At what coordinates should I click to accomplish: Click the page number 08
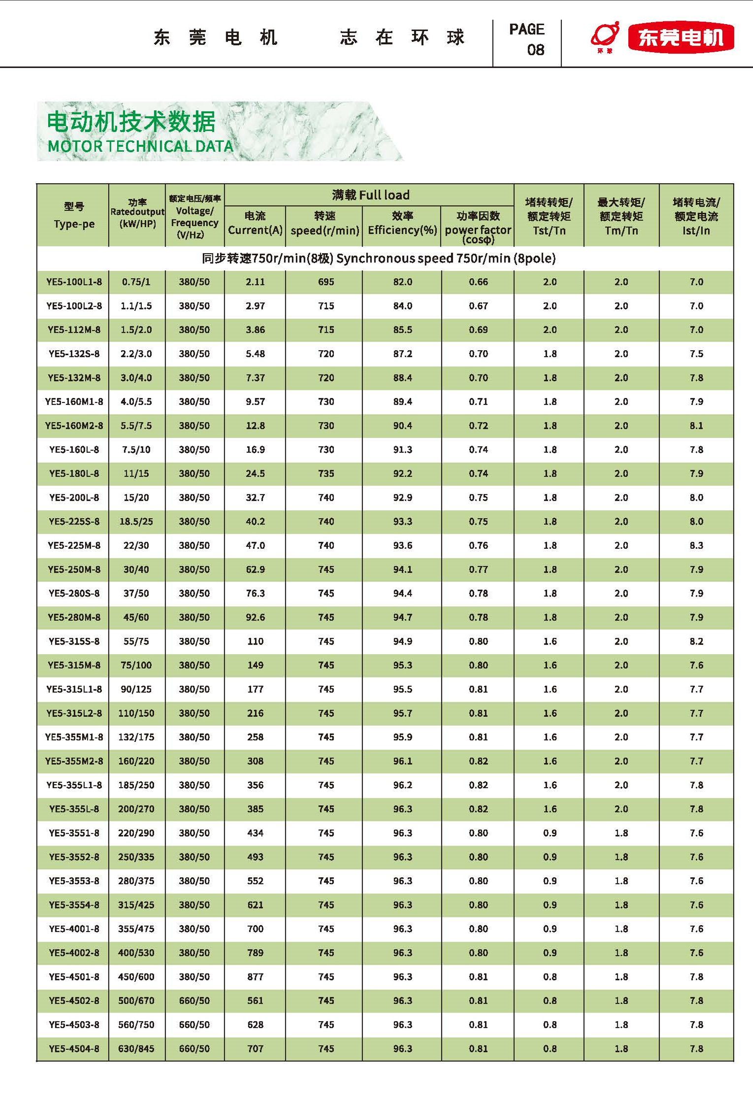(535, 50)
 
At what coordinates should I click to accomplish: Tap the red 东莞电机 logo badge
(681, 37)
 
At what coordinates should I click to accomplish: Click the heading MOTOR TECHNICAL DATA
(140, 146)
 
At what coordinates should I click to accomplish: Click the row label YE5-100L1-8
(74, 282)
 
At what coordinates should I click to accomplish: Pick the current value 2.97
(255, 306)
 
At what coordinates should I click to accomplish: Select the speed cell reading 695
(326, 282)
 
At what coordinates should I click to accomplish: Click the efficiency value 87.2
(402, 354)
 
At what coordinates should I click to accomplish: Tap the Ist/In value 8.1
(696, 426)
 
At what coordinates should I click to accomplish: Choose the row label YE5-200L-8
(74, 498)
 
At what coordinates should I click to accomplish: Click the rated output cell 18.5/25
(136, 521)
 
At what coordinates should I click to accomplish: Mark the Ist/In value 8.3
(696, 545)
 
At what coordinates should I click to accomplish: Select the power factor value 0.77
(478, 569)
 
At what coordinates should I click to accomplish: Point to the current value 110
(255, 641)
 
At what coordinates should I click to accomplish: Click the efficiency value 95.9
(402, 737)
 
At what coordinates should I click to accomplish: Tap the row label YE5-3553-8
(74, 881)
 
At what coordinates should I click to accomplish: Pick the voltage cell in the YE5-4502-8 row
(195, 1000)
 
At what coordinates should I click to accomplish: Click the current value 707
(255, 1048)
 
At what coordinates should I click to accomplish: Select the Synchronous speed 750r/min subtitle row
(379, 259)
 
